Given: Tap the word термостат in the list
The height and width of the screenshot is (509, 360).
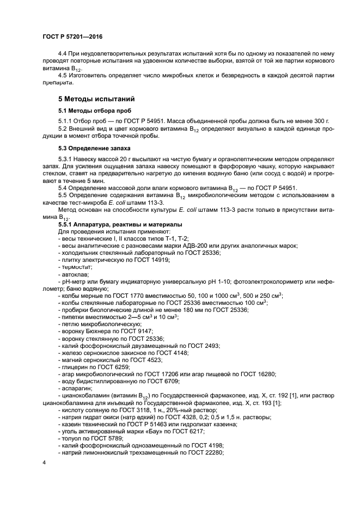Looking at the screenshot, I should [x=77, y=267].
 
